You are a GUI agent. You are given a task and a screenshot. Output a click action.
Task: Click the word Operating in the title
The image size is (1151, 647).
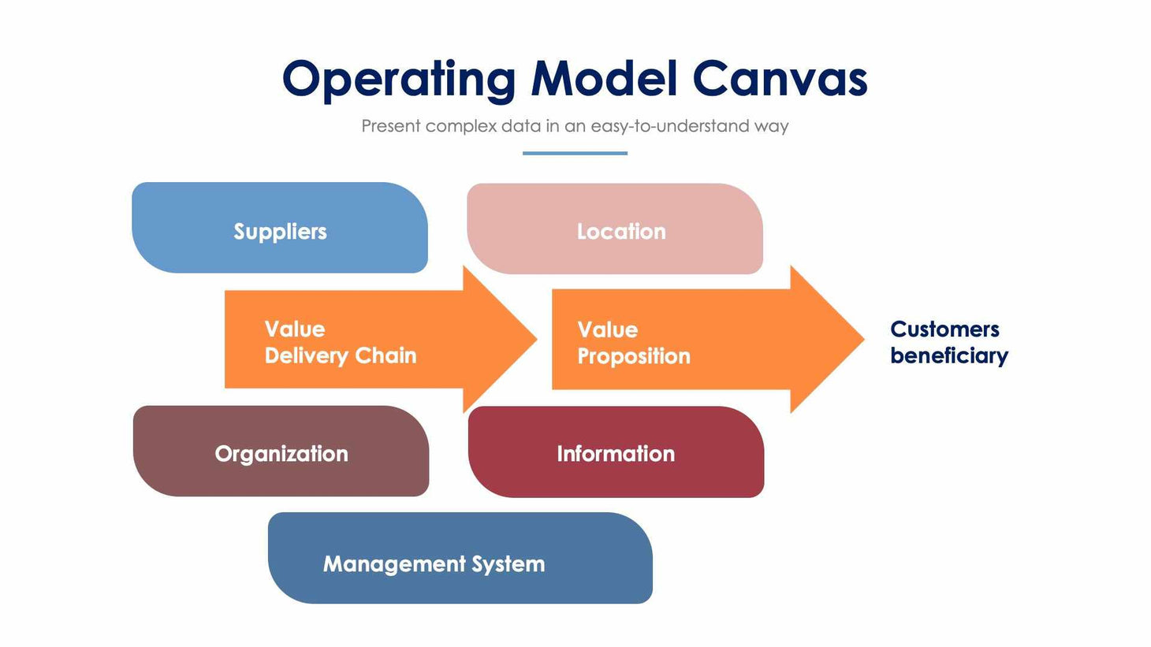[x=398, y=80]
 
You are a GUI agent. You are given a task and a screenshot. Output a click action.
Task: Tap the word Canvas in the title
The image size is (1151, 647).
[x=780, y=80]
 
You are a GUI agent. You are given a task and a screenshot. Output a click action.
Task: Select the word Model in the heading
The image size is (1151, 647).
[x=604, y=80]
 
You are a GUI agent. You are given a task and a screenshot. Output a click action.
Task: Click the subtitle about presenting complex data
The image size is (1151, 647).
[x=575, y=126]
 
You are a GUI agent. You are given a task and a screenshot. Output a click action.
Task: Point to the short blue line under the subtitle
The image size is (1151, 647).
[x=575, y=153]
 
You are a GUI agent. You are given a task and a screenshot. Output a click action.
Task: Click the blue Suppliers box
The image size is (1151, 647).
[x=280, y=229]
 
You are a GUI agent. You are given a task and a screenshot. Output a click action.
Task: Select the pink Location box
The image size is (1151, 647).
[x=615, y=229]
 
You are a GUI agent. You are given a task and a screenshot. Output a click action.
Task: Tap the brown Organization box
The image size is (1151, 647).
[x=281, y=452]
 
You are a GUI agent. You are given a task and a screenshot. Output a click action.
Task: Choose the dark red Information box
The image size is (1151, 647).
[x=616, y=452]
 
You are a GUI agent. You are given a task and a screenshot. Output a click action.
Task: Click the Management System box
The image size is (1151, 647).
[x=460, y=559]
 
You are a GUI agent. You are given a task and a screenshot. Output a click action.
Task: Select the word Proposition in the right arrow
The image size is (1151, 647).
[x=634, y=356]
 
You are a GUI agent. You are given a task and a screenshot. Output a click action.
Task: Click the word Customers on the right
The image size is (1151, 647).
[x=944, y=329]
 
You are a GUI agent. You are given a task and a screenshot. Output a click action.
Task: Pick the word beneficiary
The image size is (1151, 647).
[x=949, y=356]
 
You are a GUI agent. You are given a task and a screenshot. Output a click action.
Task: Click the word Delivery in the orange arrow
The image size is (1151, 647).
[x=306, y=355]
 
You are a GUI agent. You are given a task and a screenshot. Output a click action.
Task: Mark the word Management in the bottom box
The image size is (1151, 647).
[x=394, y=564]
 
